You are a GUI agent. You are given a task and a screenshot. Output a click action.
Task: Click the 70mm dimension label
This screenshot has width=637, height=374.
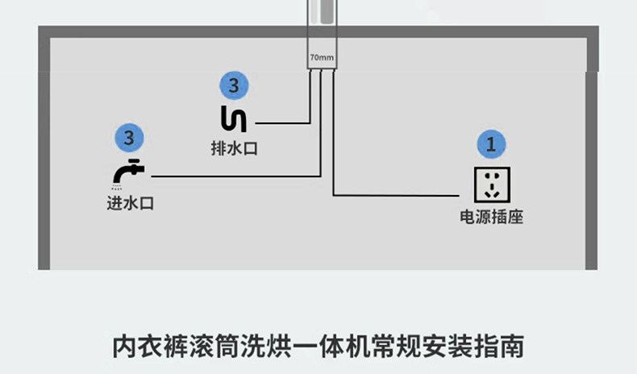[x=321, y=58]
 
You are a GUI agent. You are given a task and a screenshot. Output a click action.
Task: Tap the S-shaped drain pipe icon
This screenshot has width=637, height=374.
[x=234, y=118]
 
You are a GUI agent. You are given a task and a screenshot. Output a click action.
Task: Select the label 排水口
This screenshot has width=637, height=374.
[x=234, y=149]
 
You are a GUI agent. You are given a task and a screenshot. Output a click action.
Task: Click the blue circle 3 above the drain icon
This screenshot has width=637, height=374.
[x=234, y=85]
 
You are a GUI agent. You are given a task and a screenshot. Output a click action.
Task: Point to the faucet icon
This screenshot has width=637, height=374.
[x=129, y=172]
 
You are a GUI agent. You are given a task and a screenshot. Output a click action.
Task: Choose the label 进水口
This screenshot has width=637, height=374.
[x=130, y=203]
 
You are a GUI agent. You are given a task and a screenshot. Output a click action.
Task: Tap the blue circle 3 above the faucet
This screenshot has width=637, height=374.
[x=129, y=136]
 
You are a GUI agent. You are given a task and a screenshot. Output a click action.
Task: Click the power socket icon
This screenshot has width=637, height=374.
[x=491, y=184]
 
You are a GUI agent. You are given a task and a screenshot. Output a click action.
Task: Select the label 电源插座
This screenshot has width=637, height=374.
[x=491, y=217]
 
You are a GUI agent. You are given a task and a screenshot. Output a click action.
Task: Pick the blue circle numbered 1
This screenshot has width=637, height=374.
[x=491, y=144]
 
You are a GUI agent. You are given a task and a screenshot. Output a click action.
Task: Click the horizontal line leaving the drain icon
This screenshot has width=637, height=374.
[x=282, y=123]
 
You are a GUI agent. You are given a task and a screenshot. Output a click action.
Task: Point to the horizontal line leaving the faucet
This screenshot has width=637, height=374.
[x=234, y=176]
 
